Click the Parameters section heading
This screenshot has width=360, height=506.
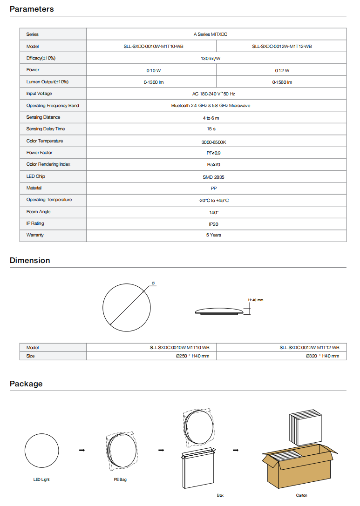pos(32,9)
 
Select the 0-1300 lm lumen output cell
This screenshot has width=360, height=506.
pos(153,82)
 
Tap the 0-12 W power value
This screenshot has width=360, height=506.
pos(282,71)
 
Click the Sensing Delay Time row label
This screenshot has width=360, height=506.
pos(46,129)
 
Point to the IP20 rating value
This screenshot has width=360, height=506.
pos(213,224)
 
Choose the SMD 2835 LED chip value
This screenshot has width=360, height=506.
pos(214,177)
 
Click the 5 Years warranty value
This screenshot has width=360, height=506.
pos(214,235)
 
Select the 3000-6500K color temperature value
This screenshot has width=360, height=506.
pos(214,142)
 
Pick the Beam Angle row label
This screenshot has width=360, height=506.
pos(38,212)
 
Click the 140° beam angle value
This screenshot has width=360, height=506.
pos(214,212)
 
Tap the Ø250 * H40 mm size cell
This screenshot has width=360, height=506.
pos(192,356)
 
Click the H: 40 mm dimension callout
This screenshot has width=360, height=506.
pos(255,300)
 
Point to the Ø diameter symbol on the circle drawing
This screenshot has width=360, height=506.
pos(153,283)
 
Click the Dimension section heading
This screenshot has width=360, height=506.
pos(30,260)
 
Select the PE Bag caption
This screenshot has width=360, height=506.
pos(120,479)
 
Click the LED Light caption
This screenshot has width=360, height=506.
pos(41,479)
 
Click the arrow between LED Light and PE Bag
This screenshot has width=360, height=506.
pos(82,450)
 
